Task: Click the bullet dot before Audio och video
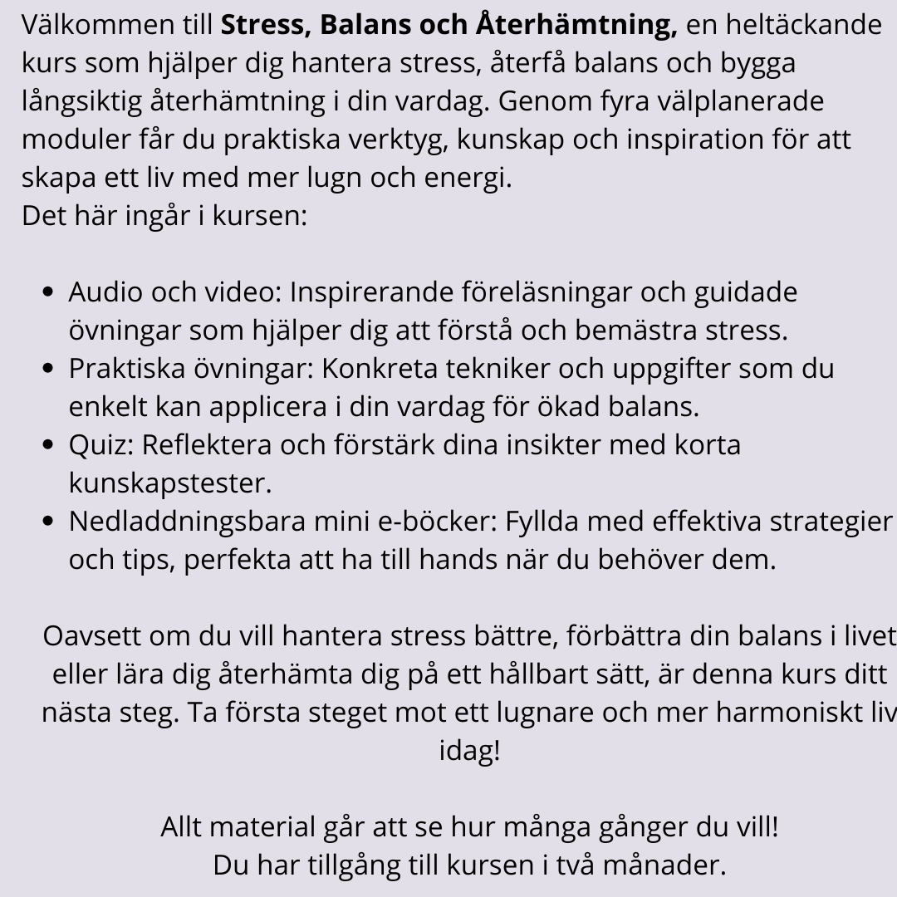tap(48, 292)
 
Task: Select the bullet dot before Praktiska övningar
tap(48, 369)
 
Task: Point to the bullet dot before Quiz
tap(48, 445)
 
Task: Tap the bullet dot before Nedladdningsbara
tap(48, 522)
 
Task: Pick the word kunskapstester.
tap(170, 483)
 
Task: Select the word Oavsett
tap(93, 637)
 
